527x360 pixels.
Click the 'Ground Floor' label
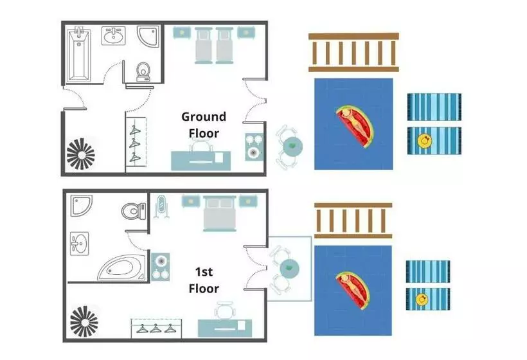(x=203, y=125)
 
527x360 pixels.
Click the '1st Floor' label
(x=204, y=280)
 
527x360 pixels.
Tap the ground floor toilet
(x=143, y=71)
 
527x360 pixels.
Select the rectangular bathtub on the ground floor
(x=78, y=55)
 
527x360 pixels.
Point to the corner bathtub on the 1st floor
(x=121, y=267)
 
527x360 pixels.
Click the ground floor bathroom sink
(x=114, y=35)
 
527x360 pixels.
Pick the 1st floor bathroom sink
(x=80, y=243)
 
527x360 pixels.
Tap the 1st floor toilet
(x=134, y=211)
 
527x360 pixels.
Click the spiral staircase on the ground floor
(x=81, y=154)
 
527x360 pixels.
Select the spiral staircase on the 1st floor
(x=84, y=321)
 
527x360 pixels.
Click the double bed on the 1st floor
(x=219, y=213)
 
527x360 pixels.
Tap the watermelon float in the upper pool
(x=355, y=126)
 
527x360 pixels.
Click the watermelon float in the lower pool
(x=353, y=291)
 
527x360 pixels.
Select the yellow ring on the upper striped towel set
(x=424, y=141)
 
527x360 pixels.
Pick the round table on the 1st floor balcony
(x=289, y=267)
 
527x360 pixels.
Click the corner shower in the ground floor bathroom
(x=148, y=36)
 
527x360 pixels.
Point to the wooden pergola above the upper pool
(x=353, y=53)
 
